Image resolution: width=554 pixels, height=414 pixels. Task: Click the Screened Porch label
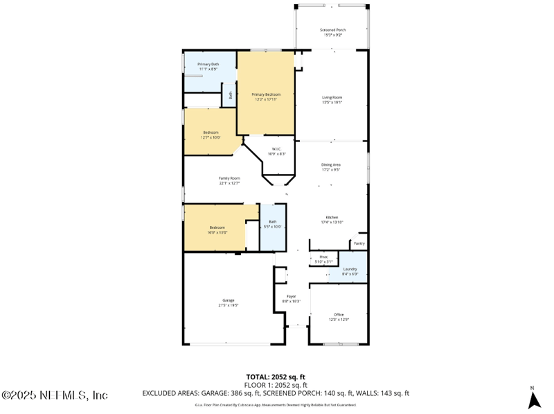coord(332,31)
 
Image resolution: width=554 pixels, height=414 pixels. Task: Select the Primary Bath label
coord(208,64)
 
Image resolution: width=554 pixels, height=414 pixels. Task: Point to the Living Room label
coord(332,98)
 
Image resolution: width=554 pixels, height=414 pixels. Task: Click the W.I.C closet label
coord(276,149)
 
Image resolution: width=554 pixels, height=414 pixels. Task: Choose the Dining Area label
coord(331,164)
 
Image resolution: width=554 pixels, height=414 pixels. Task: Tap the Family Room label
coord(229,178)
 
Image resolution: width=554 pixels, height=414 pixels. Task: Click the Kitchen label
coord(332,217)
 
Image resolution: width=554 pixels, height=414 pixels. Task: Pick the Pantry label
coord(359,243)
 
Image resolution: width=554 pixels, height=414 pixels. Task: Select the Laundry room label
coord(350,269)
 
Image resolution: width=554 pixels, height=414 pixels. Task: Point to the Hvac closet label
coord(323,257)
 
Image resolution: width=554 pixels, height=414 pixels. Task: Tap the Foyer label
coord(292,296)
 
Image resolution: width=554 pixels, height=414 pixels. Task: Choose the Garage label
coord(229,300)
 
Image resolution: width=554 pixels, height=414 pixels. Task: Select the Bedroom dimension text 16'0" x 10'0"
coord(217,232)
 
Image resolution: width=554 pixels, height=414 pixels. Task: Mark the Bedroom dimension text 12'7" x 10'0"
coord(211,137)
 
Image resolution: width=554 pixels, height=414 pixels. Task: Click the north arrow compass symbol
coord(533,399)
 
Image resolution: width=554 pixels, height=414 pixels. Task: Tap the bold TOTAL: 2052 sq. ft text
coord(276,377)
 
